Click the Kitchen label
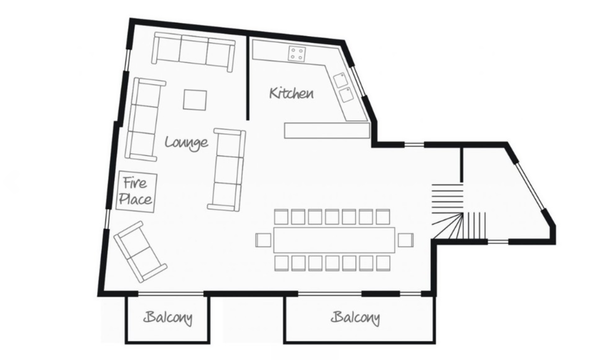292,93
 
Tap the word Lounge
187,143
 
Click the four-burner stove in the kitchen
297,54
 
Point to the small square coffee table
195,100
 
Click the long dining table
334,240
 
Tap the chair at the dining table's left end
263,240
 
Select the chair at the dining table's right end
406,240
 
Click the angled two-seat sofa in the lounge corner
140,251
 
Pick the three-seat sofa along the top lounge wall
193,52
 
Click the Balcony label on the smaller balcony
168,318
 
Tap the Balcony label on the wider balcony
356,318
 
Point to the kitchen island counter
327,131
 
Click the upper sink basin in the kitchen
340,80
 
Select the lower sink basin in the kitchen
346,95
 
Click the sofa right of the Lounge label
227,170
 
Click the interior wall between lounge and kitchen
247,78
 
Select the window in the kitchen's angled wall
359,81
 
